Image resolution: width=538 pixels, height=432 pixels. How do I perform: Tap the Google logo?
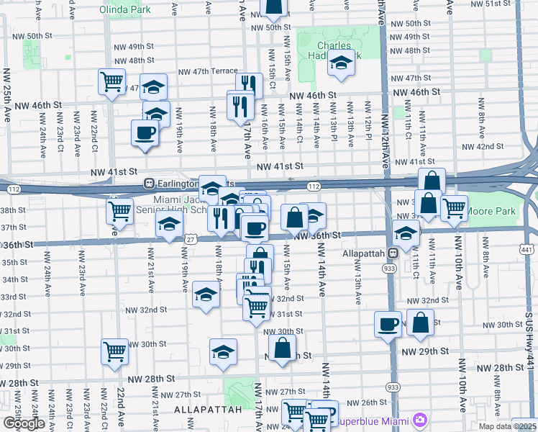click(24, 423)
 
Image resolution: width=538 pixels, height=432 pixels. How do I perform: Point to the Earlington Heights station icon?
click(150, 183)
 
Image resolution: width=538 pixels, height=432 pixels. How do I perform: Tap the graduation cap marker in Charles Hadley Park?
click(341, 65)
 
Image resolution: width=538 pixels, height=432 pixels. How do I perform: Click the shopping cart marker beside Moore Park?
click(454, 208)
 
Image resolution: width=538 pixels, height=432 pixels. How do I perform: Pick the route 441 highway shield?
click(527, 249)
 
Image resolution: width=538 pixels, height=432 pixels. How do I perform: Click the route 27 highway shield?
click(191, 239)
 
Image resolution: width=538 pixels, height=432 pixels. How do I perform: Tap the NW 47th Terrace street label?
click(208, 71)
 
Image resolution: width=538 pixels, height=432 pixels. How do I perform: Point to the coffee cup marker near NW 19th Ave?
click(145, 133)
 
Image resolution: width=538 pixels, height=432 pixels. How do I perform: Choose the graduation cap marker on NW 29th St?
click(224, 352)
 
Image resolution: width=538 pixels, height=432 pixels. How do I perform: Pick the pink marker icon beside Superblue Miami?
click(420, 420)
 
